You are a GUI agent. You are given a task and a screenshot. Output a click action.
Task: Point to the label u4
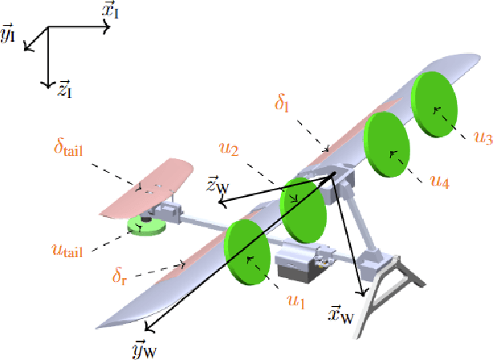(x=438, y=182)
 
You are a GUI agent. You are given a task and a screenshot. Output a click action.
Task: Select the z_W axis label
(x=218, y=186)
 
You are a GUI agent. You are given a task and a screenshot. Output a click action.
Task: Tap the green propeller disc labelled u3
(x=434, y=104)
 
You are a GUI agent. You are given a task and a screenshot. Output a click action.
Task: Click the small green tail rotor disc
(x=145, y=228)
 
